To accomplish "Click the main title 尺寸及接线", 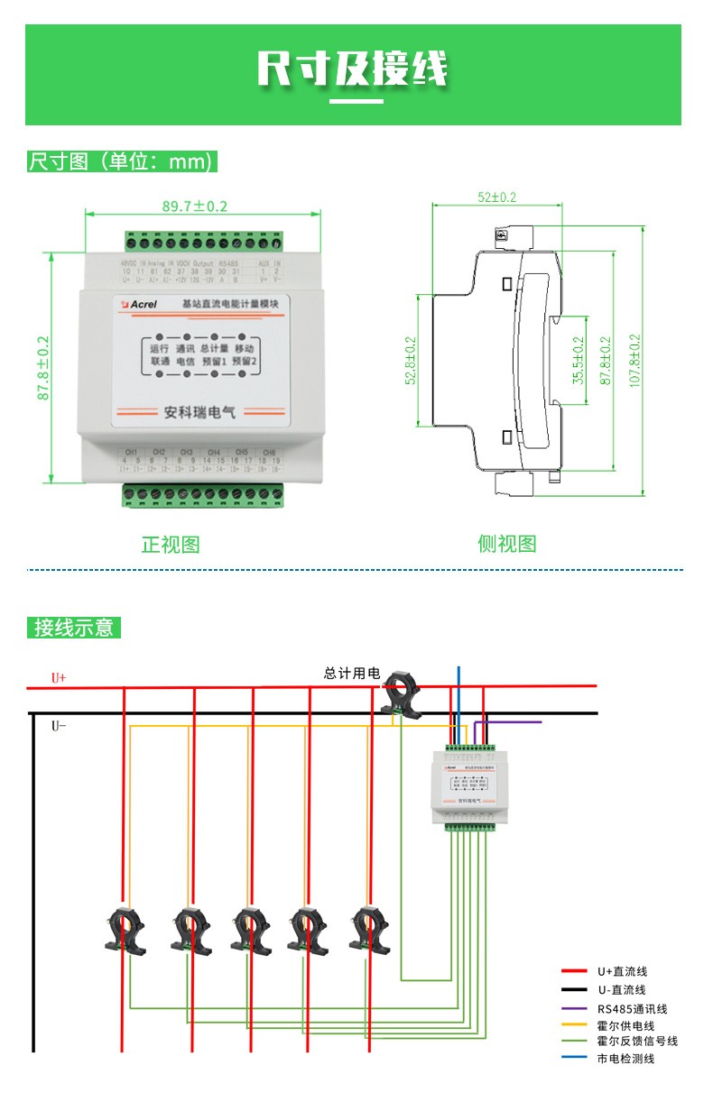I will [353, 69].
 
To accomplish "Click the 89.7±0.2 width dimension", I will [195, 207].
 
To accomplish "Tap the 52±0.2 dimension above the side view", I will [497, 197].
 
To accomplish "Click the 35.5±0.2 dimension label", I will [579, 361].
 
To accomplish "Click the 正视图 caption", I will [171, 545].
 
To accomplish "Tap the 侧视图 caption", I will [506, 544].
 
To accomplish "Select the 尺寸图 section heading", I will [123, 162].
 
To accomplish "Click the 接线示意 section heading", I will [75, 628].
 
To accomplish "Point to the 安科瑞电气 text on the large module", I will [199, 412].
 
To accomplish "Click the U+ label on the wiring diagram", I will [59, 677].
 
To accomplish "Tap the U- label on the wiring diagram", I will [59, 725].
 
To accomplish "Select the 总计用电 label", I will [352, 673].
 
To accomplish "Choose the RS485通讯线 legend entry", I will [632, 1009].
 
